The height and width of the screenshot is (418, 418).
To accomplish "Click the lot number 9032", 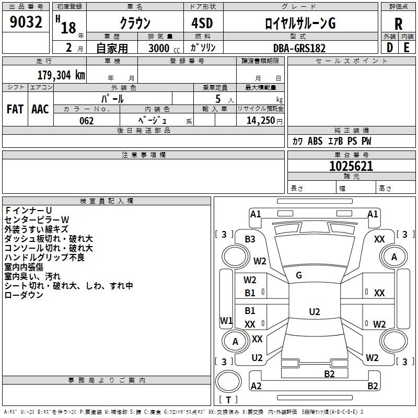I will [x=26, y=23].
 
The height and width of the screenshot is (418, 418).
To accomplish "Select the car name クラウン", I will [x=135, y=24].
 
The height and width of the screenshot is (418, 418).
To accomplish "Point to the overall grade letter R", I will [x=398, y=24].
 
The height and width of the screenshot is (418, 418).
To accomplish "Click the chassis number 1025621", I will [x=351, y=166].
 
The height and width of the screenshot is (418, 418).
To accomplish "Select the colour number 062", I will [x=87, y=121].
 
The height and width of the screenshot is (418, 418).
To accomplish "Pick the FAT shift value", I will [x=15, y=109].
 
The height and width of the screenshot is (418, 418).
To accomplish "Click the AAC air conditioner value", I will [x=40, y=109].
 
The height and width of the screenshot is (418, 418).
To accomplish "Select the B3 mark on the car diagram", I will [x=250, y=239].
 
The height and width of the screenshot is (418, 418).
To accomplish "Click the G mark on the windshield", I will [x=299, y=275].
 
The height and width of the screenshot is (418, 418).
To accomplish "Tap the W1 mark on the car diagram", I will [x=226, y=320].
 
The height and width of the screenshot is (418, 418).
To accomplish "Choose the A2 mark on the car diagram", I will [x=256, y=386].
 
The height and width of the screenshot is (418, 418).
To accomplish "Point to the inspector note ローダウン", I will [x=24, y=295].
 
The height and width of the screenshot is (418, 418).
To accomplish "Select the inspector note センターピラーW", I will [x=37, y=219].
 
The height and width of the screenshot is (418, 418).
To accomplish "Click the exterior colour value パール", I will [x=112, y=98].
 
